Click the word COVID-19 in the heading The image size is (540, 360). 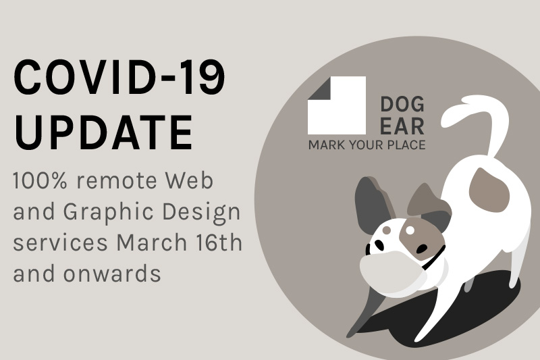[x=119, y=77]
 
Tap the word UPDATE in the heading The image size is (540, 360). [x=103, y=132]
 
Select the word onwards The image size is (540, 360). [x=112, y=274]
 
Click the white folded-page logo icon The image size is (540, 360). [x=337, y=105]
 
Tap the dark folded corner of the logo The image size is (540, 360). [x=319, y=88]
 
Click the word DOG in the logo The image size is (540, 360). [x=402, y=105]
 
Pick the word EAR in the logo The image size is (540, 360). [x=402, y=126]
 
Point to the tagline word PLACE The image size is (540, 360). [x=406, y=145]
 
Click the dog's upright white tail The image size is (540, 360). [x=482, y=128]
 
